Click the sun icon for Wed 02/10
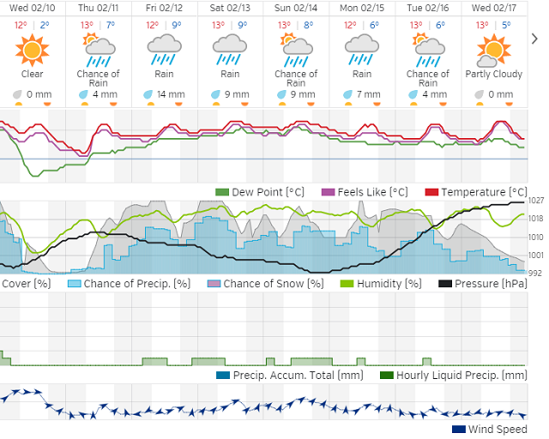tap(32, 51)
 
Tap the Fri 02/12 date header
tap(163, 8)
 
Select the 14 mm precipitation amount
tap(170, 95)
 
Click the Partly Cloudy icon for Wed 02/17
tap(489, 52)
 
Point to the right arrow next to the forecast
tap(535, 39)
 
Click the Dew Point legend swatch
tap(223, 192)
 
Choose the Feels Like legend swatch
tap(327, 192)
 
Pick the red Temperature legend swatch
tap(431, 192)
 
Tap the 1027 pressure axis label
tap(537, 201)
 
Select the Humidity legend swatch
tap(347, 284)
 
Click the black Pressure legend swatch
tap(445, 284)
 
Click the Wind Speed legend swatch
tap(459, 430)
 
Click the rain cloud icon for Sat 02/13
tap(229, 54)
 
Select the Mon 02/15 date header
tap(360, 8)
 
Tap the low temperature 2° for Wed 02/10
tap(44, 25)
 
